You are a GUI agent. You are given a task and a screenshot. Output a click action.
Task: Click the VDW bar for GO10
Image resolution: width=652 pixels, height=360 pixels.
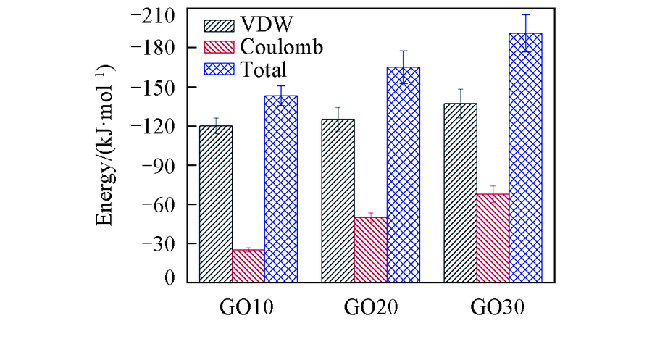tap(215, 204)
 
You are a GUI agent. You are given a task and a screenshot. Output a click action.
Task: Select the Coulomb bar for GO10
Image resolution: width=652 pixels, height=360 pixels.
tap(248, 266)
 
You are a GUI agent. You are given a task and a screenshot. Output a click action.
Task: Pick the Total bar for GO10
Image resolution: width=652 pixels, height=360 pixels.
tap(280, 188)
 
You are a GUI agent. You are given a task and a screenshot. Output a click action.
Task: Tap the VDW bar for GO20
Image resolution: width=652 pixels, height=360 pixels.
tap(338, 201)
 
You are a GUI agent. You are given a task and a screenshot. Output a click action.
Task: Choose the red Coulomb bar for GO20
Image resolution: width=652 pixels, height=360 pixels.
tap(370, 249)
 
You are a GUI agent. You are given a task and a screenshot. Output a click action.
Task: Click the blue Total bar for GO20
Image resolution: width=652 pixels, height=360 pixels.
tap(403, 174)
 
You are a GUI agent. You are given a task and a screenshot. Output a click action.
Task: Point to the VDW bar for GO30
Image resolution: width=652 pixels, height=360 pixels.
tap(460, 193)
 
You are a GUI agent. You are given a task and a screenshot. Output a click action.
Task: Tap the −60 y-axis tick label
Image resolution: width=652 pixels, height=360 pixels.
tap(159, 204)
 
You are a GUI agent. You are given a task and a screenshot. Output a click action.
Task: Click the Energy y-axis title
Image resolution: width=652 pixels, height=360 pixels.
tap(109, 144)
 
